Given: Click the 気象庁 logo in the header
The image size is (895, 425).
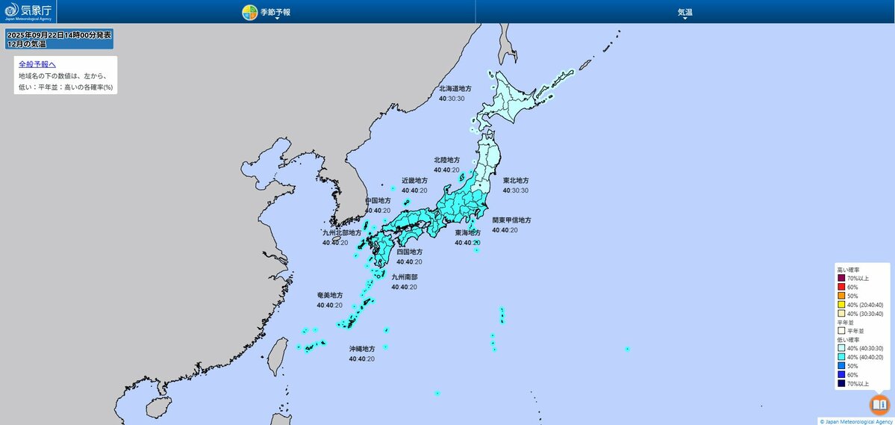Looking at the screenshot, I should pyautogui.click(x=28, y=11).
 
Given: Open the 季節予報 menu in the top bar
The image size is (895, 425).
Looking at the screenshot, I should pyautogui.click(x=266, y=12).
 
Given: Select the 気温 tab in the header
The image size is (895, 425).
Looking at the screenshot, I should pyautogui.click(x=684, y=12).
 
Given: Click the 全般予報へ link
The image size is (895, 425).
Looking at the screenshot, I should pyautogui.click(x=37, y=64).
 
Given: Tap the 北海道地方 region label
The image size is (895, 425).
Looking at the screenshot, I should pyautogui.click(x=455, y=88).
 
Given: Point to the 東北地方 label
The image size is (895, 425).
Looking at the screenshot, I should pyautogui.click(x=515, y=181).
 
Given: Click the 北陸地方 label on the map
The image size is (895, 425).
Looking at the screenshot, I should pyautogui.click(x=446, y=160).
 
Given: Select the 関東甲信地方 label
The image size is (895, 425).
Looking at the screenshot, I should pyautogui.click(x=511, y=220).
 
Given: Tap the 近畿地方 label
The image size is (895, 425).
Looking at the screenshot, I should pyautogui.click(x=414, y=181).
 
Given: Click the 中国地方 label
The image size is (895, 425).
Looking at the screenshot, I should pyautogui.click(x=378, y=201).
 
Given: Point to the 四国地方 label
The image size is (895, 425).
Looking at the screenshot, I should pyautogui.click(x=409, y=252).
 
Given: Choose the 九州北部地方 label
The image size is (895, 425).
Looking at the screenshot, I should pyautogui.click(x=341, y=232).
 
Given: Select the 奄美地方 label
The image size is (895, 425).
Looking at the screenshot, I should pyautogui.click(x=329, y=295).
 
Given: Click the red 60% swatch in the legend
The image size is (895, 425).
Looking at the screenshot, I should pyautogui.click(x=841, y=287).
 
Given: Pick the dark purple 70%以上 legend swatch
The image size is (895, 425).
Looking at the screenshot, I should pyautogui.click(x=841, y=278).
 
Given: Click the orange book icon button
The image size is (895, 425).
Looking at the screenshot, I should pyautogui.click(x=879, y=404).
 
